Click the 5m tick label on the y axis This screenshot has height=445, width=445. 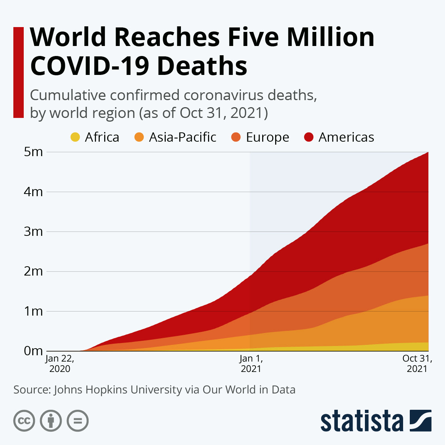pos(33,152)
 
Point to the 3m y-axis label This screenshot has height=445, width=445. pos(33,232)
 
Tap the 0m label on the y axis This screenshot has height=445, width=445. pos(33,351)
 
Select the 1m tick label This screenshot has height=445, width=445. pos(33,311)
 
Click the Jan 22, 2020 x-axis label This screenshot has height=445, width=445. pos(60,364)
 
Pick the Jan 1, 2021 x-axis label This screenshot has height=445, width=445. pos(251,364)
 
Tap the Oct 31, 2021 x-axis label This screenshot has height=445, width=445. pos(417,364)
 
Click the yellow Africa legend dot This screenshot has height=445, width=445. pos(75,137)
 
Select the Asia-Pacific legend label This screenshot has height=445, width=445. pos(182,137)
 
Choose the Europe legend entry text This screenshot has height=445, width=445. pos(267,137)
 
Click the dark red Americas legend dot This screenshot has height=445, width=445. pos(309,137)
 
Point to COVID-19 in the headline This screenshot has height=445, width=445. pos(89,66)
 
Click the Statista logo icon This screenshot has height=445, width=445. pos(420,421)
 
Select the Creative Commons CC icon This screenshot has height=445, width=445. pos(24,421)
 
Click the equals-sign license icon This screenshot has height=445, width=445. pos(78,421)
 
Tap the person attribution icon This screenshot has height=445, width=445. pos(51,421)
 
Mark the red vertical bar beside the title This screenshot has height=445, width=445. pos(18,72)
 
